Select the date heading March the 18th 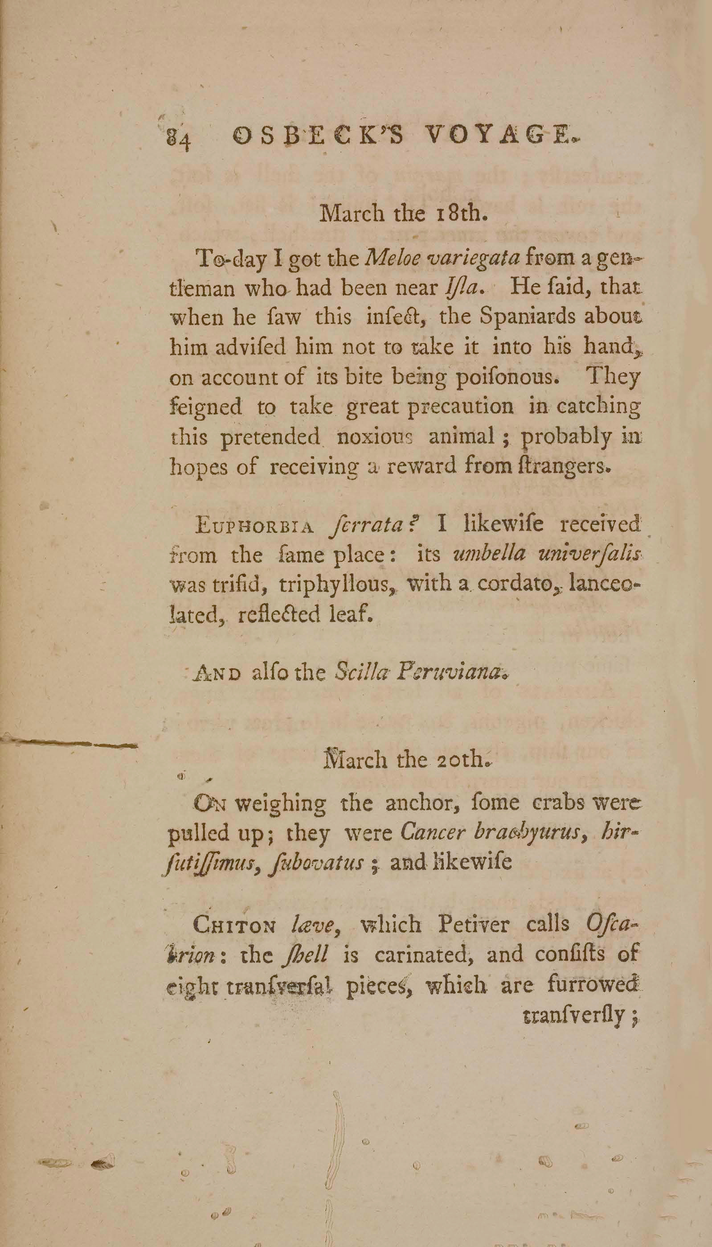(x=403, y=214)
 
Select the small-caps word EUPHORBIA (x=254, y=527)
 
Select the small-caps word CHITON (x=235, y=924)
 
